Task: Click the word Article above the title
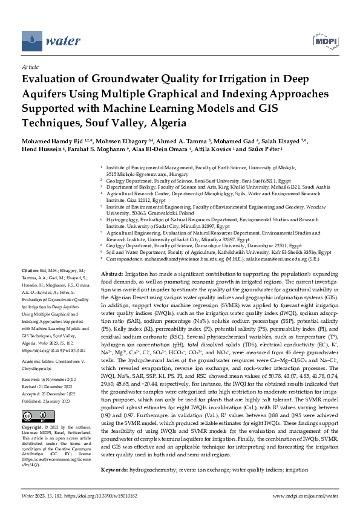pyautogui.click(x=30, y=66)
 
